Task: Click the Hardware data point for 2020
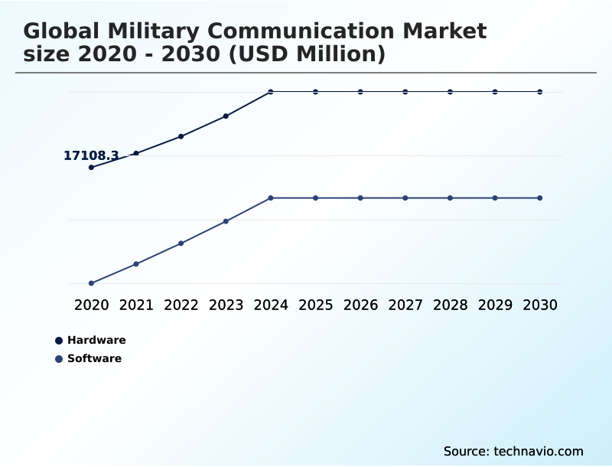91,167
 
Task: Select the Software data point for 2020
91,283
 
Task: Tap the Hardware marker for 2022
181,136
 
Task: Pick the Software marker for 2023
226,221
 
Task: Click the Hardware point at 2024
271,92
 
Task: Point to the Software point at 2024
271,198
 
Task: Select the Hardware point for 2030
540,92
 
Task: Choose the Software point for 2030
540,198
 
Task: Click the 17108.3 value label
91,156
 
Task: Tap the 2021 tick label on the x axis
136,305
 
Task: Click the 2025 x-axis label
315,305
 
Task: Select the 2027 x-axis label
405,305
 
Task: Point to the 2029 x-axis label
495,305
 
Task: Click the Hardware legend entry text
96,340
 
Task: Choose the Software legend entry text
94,358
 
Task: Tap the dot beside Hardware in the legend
59,341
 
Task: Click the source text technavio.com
513,451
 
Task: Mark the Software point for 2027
405,198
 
